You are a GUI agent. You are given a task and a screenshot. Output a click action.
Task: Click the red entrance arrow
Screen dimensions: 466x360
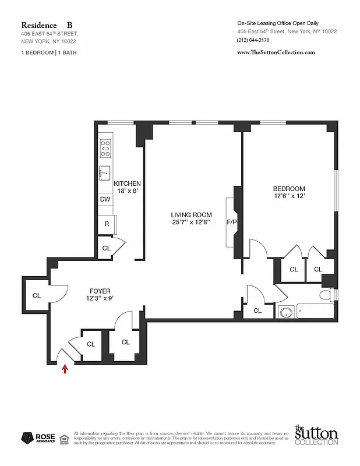coord(65,368)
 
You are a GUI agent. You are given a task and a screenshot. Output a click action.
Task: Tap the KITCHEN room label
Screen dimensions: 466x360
coord(127,183)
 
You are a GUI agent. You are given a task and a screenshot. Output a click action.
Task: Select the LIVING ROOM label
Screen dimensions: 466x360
coord(190,214)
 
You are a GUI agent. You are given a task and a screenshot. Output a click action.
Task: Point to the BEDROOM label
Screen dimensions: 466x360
coord(289,189)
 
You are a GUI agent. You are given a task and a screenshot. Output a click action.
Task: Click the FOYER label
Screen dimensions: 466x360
coord(100,291)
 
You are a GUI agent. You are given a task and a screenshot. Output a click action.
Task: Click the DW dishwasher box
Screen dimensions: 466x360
coord(105,199)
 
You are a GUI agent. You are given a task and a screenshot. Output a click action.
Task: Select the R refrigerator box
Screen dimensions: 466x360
coord(107,224)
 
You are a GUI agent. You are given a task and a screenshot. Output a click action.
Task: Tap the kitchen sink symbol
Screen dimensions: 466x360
coord(105,173)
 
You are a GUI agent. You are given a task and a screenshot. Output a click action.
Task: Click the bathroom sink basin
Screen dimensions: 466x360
coord(285,312)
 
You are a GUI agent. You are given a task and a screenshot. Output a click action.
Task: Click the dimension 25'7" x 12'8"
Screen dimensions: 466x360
coord(190,222)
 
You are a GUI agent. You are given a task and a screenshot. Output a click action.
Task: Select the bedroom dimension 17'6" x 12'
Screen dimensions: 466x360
coord(289,196)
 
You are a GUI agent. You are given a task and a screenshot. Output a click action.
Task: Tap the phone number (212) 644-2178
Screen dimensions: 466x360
coord(253,40)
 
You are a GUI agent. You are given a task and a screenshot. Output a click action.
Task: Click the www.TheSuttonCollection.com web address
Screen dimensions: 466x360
coord(277,52)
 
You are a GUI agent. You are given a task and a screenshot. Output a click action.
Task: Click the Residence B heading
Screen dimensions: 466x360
coord(47,25)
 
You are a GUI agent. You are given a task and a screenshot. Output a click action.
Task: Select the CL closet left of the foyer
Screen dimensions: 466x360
coord(37,295)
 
